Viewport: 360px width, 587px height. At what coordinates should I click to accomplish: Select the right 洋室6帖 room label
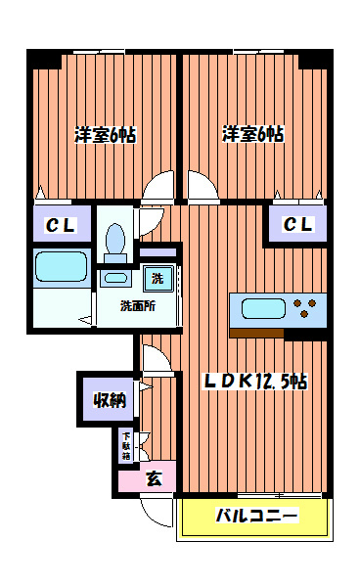click(x=251, y=134)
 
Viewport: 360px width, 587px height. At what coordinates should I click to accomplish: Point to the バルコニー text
click(x=255, y=516)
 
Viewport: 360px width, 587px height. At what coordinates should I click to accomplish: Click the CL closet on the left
click(x=62, y=226)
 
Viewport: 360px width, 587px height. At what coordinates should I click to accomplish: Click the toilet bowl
click(x=115, y=241)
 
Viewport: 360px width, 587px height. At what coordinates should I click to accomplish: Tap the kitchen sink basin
click(x=262, y=310)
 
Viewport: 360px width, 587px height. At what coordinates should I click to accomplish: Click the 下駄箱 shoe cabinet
click(x=126, y=445)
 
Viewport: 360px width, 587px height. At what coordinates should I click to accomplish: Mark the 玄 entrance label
click(x=154, y=478)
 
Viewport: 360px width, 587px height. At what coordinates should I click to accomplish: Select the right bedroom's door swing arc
click(x=200, y=186)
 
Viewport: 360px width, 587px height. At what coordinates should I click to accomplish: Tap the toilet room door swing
click(x=149, y=221)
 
